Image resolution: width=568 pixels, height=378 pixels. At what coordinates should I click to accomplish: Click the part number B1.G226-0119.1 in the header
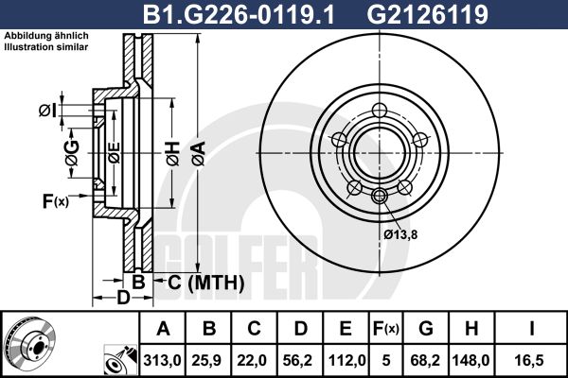click(239, 14)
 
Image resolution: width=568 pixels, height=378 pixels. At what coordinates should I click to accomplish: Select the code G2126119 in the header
click(428, 14)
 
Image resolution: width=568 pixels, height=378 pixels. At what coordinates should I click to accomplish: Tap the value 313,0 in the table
click(162, 361)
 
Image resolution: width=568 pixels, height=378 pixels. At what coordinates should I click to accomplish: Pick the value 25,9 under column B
click(207, 361)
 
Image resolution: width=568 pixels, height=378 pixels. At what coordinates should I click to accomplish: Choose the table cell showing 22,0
click(254, 361)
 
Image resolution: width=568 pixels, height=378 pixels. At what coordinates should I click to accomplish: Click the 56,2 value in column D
click(299, 361)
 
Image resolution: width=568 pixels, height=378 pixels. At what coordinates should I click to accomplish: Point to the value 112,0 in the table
click(346, 361)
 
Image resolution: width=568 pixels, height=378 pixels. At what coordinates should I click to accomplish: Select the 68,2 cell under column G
click(425, 361)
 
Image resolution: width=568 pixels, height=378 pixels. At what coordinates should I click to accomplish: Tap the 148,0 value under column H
click(470, 361)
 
